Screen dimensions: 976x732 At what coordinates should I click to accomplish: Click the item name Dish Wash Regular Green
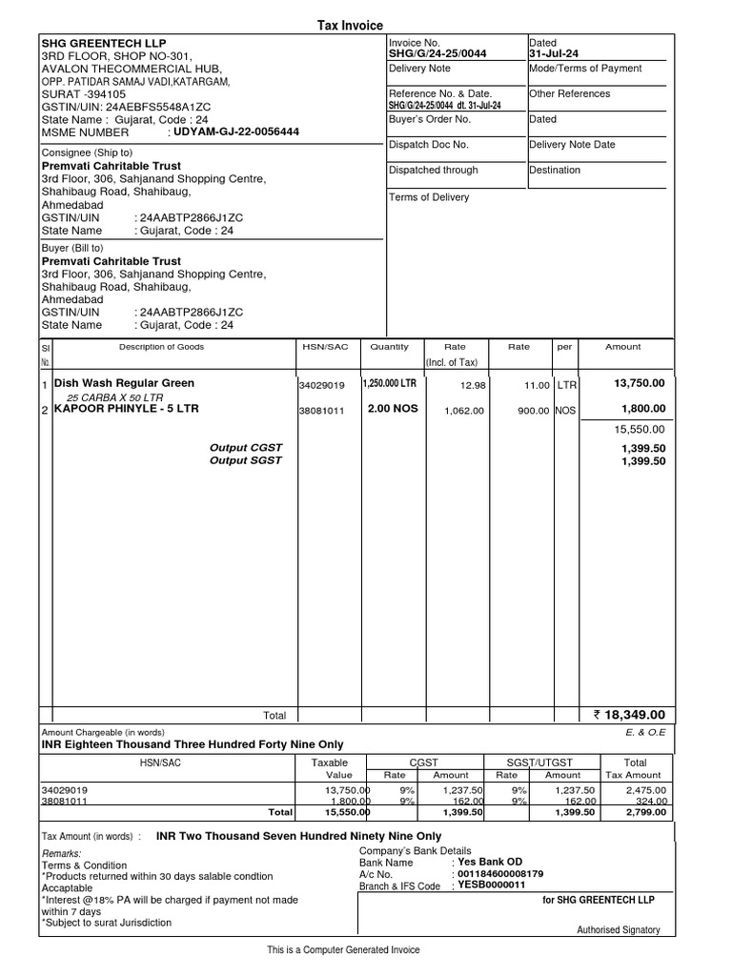[x=124, y=383]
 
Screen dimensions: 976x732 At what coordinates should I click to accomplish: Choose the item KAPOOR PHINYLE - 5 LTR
[x=127, y=409]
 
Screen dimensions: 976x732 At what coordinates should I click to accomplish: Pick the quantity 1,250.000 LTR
[x=389, y=383]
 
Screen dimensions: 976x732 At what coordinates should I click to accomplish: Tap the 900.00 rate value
[x=531, y=411]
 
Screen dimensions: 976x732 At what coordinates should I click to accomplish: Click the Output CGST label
[x=246, y=447]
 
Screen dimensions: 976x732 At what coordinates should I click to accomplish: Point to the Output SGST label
[x=246, y=461]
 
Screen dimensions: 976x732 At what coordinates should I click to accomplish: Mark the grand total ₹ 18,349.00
[x=629, y=715]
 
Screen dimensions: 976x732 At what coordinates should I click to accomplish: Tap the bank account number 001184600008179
[x=501, y=874]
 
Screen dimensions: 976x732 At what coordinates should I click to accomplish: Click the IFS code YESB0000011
[x=492, y=885]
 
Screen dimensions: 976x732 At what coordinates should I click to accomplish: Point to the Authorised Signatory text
[x=619, y=930]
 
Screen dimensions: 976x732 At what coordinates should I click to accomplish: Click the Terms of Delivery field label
[x=429, y=197]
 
